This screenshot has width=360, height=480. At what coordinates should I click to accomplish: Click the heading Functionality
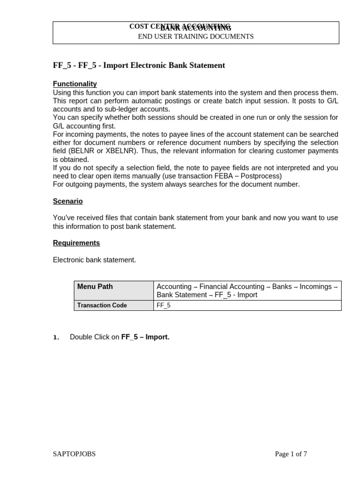[x=75, y=84]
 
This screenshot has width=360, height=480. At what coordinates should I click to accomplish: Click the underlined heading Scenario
[x=67, y=201]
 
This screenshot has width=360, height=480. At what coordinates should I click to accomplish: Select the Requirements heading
[x=76, y=243]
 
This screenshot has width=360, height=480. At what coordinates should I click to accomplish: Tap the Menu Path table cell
[x=95, y=286]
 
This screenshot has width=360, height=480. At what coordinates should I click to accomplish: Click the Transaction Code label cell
[x=102, y=305]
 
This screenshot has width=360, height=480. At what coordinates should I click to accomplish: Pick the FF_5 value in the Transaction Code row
[x=164, y=305]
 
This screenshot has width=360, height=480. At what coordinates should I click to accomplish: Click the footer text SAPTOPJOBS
[x=74, y=454]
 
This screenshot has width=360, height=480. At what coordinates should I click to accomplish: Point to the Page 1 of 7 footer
[x=291, y=454]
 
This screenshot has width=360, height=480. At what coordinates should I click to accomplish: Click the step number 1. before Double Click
[x=56, y=337]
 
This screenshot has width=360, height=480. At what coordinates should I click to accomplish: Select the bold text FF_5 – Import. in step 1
[x=145, y=337]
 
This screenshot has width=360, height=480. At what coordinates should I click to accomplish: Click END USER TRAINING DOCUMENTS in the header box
[x=195, y=37]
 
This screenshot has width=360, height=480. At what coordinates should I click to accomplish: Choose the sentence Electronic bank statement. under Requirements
[x=94, y=260]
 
